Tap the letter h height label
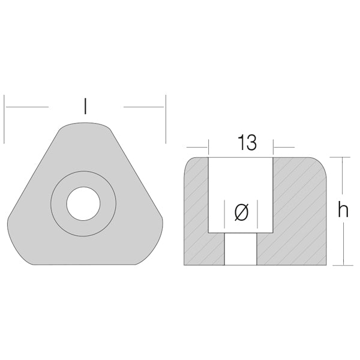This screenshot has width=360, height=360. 343,211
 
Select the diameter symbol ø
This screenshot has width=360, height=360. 241,212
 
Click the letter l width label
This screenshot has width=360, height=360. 85,106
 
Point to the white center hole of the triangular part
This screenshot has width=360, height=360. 83,203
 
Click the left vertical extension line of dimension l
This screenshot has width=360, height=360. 4,119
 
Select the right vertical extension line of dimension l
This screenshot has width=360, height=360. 166,119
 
